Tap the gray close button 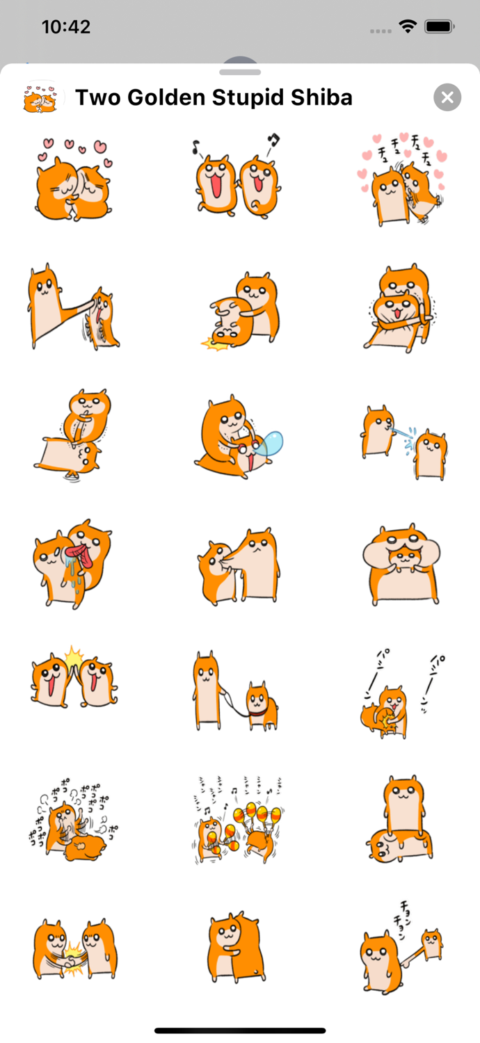click(447, 97)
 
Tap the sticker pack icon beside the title click(43, 97)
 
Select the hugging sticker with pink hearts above click(72, 180)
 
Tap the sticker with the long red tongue click(72, 563)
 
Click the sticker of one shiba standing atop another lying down click(400, 820)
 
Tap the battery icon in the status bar click(440, 27)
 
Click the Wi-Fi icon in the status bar click(407, 27)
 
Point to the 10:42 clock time click(66, 27)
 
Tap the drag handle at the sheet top click(240, 72)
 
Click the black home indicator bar click(240, 1030)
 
